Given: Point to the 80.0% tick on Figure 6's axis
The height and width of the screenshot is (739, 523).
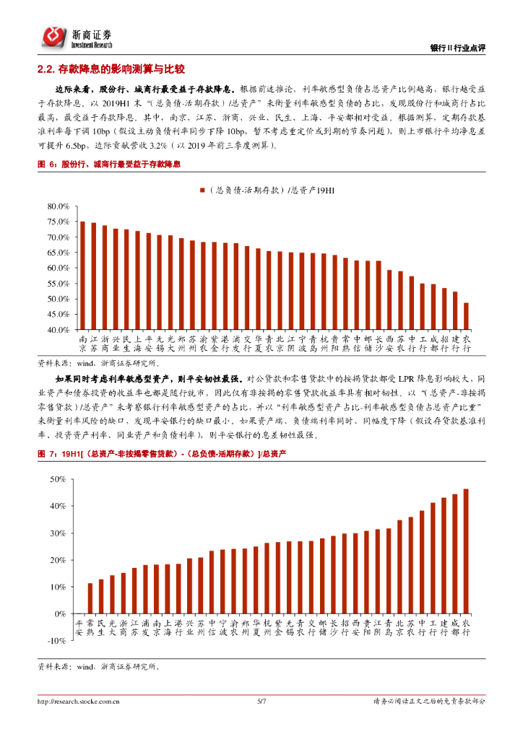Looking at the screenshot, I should pos(57,206).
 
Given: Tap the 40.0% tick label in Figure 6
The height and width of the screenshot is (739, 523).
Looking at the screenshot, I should pos(57,330).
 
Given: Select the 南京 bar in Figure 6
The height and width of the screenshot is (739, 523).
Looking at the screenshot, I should pos(83,275).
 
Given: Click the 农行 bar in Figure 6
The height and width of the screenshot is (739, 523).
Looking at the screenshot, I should pos(467,316).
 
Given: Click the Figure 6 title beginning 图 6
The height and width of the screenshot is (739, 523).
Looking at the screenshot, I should pos(108,165).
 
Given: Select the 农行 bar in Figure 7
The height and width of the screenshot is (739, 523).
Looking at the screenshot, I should pos(466,551).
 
